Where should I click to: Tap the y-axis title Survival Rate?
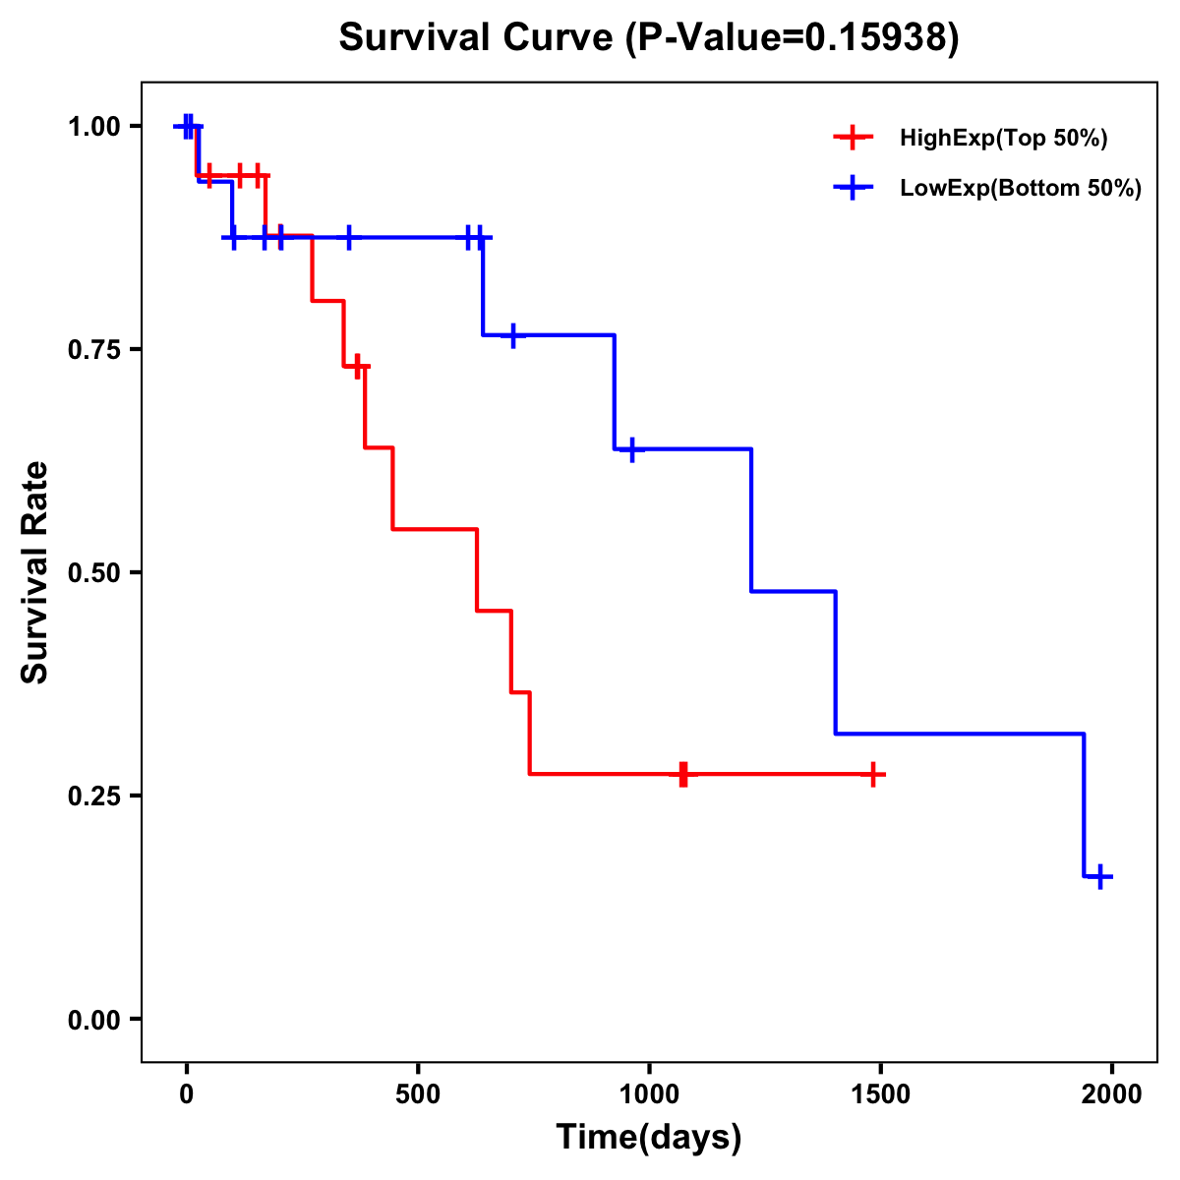[35, 571]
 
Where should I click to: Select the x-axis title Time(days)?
[649, 1137]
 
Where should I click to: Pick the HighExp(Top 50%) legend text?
[1003, 139]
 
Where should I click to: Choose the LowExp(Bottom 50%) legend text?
[1021, 189]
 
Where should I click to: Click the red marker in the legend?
[854, 138]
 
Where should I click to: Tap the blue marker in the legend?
[854, 188]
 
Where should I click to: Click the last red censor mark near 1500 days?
[872, 775]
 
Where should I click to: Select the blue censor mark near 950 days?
[631, 448]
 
